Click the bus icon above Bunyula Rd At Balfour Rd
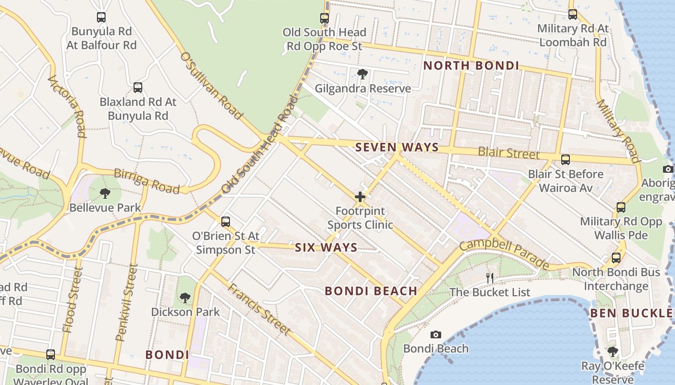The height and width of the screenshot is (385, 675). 101,17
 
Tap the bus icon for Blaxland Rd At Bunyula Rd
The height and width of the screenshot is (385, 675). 138,88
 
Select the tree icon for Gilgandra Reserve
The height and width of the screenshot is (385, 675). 363,74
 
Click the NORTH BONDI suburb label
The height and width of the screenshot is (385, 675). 471,66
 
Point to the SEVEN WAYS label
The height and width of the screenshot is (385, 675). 397,148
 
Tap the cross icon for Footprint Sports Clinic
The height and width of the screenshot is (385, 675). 360,197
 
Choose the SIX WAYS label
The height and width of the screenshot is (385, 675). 326,248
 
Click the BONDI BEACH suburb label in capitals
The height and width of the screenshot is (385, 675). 371,291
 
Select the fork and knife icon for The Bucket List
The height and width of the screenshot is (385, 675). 490,278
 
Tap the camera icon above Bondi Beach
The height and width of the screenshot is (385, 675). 436,334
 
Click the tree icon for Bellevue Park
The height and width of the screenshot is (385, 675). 105,193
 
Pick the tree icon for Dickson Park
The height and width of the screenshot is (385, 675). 185,297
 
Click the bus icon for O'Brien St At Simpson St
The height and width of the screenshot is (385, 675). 226,222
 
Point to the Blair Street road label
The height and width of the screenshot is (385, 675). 508,154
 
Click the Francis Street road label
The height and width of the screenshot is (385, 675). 259,309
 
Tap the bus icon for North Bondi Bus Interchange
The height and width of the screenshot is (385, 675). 616,258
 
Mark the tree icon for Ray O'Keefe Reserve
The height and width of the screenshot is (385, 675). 613,352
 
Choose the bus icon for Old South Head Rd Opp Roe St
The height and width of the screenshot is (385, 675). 324,18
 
